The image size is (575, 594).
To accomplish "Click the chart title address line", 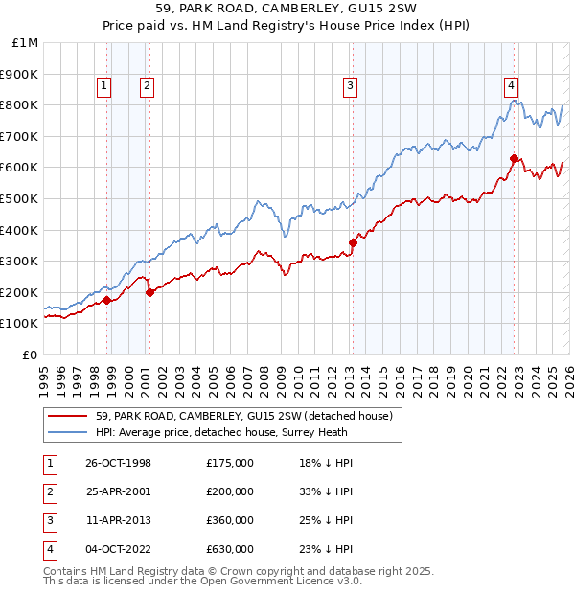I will pyautogui.click(x=287, y=10).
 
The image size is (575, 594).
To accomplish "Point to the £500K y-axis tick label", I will pyautogui.click(x=20, y=198).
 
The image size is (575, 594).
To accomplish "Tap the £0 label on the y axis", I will pyautogui.click(x=31, y=354).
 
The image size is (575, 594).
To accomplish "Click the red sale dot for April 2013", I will pyautogui.click(x=353, y=242).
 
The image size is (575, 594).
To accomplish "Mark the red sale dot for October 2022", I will pyautogui.click(x=514, y=158).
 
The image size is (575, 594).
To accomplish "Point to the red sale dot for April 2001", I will pyautogui.click(x=149, y=292).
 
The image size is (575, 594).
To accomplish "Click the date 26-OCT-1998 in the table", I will pyautogui.click(x=118, y=463).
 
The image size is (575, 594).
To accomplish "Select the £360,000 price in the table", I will pyautogui.click(x=230, y=520).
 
